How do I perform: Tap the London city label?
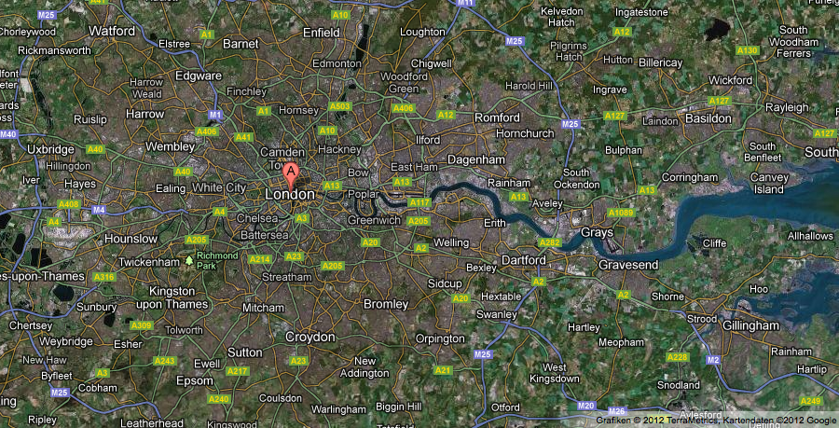coord(290,194)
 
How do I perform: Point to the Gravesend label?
coord(628,265)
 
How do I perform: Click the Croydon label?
coord(309,337)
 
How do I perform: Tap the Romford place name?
coord(497,117)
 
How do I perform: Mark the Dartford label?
coord(522,259)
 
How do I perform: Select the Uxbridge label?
coord(51,149)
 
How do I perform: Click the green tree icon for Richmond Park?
coord(189,260)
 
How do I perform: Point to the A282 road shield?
coord(550,242)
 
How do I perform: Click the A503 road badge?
coord(341,107)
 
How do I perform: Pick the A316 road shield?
coord(104,277)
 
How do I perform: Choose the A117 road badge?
coord(419,202)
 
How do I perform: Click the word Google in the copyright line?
coord(821,420)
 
